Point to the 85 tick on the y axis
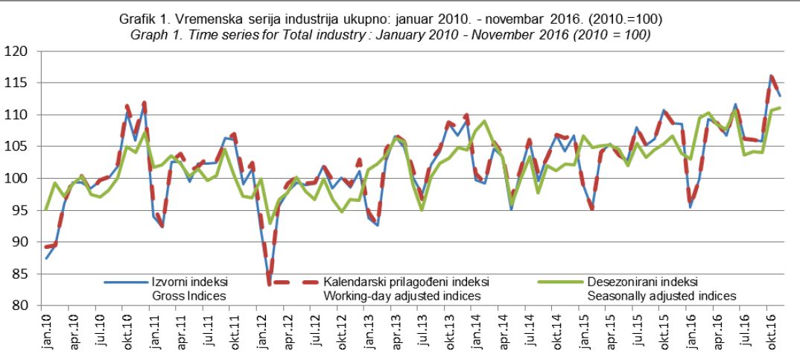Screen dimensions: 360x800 (x=17, y=274)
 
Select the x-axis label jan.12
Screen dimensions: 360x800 (x=259, y=330)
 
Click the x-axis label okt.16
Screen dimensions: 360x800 (x=769, y=330)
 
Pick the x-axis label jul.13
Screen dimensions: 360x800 (x=422, y=331)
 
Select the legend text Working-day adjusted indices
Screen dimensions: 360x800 (x=401, y=296)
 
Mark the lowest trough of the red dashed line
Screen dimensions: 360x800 (x=269, y=284)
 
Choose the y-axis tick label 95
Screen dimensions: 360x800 (x=17, y=211)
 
